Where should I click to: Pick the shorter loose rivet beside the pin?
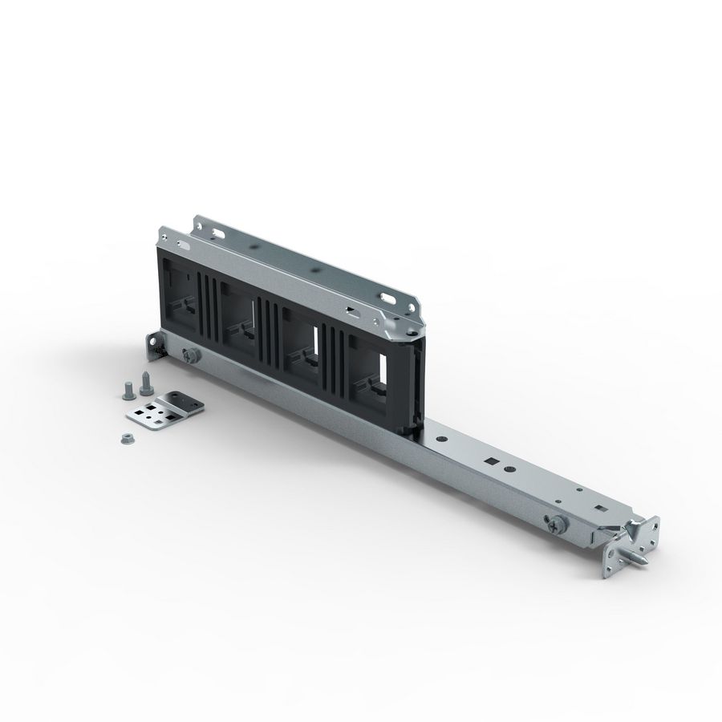(127, 390)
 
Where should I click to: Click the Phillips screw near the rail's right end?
(557, 523)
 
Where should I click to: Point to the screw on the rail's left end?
(191, 355)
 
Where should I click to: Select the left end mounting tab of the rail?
(152, 346)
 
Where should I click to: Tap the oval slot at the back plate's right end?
(389, 298)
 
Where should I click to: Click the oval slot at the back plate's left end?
(217, 233)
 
